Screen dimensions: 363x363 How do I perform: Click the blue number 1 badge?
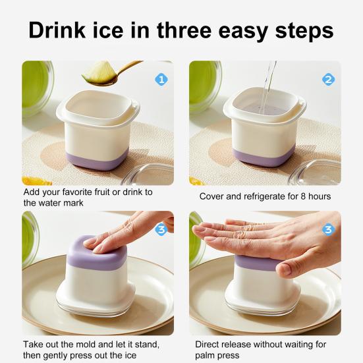click(x=160, y=80)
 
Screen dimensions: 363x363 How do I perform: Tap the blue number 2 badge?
click(x=328, y=80)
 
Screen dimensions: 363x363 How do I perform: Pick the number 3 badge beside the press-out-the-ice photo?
click(x=160, y=230)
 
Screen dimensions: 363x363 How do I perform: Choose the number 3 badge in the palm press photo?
click(x=328, y=229)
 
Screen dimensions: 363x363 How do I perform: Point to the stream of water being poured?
click(x=267, y=82)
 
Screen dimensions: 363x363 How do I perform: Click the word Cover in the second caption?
click(x=212, y=196)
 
